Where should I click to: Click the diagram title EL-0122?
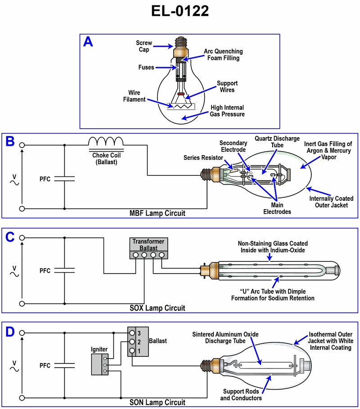(x=180, y=11)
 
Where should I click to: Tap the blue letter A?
(x=89, y=42)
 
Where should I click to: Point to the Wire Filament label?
(x=135, y=96)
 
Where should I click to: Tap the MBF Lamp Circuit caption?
(x=157, y=213)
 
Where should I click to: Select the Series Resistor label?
(x=202, y=157)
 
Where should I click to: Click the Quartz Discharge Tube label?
(x=277, y=142)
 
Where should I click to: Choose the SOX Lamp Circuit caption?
(x=157, y=308)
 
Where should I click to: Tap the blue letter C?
(x=10, y=237)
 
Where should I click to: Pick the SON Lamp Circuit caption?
(x=157, y=402)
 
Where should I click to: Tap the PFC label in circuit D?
(x=45, y=365)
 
